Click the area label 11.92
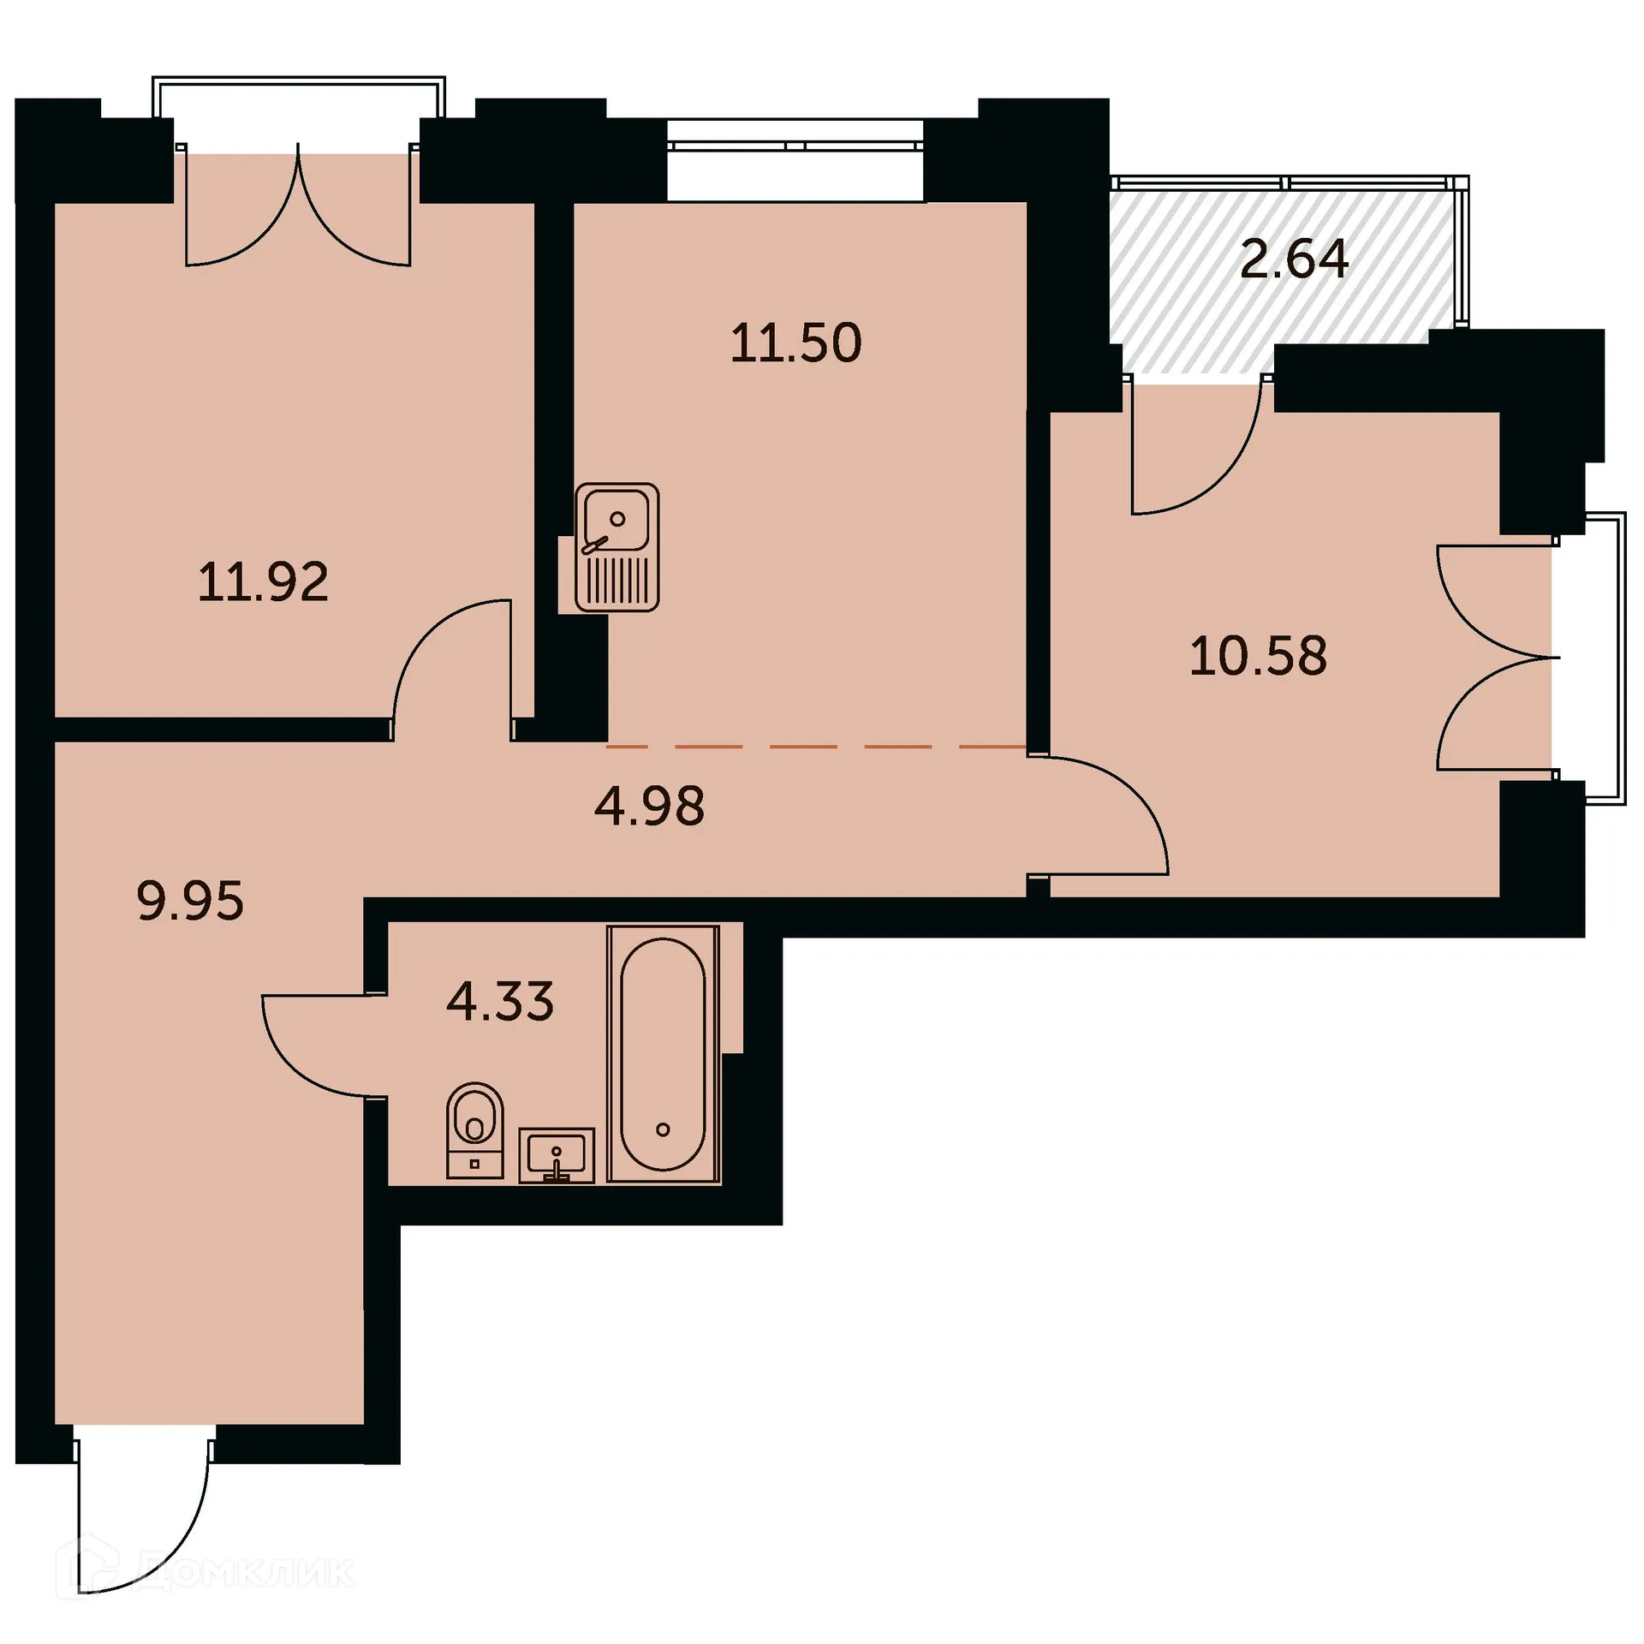point(263,583)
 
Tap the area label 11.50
point(795,343)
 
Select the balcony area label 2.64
point(1294,259)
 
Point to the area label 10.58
point(1258,657)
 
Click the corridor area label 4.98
point(650,806)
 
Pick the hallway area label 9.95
point(190,901)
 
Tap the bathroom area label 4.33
point(500,1001)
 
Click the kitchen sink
point(616,547)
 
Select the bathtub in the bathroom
point(663,1054)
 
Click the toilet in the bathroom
point(474,1129)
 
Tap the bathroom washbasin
point(557,1154)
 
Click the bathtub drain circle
point(663,1129)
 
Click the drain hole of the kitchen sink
point(616,519)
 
